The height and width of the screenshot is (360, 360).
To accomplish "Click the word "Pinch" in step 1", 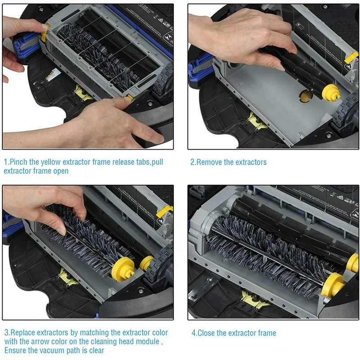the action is tap(18, 162).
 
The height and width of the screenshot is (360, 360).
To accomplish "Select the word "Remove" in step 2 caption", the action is tap(209, 162).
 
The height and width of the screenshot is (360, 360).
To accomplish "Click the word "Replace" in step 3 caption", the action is tap(23, 333).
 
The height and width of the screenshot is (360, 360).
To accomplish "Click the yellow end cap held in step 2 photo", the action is tap(331, 93).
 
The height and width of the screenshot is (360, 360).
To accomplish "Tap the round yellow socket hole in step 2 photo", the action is tap(306, 97).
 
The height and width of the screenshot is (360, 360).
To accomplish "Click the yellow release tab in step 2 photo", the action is tap(351, 57).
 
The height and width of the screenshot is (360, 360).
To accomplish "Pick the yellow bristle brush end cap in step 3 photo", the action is tap(123, 269).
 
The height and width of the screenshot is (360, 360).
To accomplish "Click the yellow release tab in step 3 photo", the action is tap(164, 212).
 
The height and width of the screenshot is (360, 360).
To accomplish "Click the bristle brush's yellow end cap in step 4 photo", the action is tap(332, 285).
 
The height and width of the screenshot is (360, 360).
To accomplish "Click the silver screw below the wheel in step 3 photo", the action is tap(141, 291).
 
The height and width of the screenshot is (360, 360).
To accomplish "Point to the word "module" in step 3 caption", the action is tap(148, 342).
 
